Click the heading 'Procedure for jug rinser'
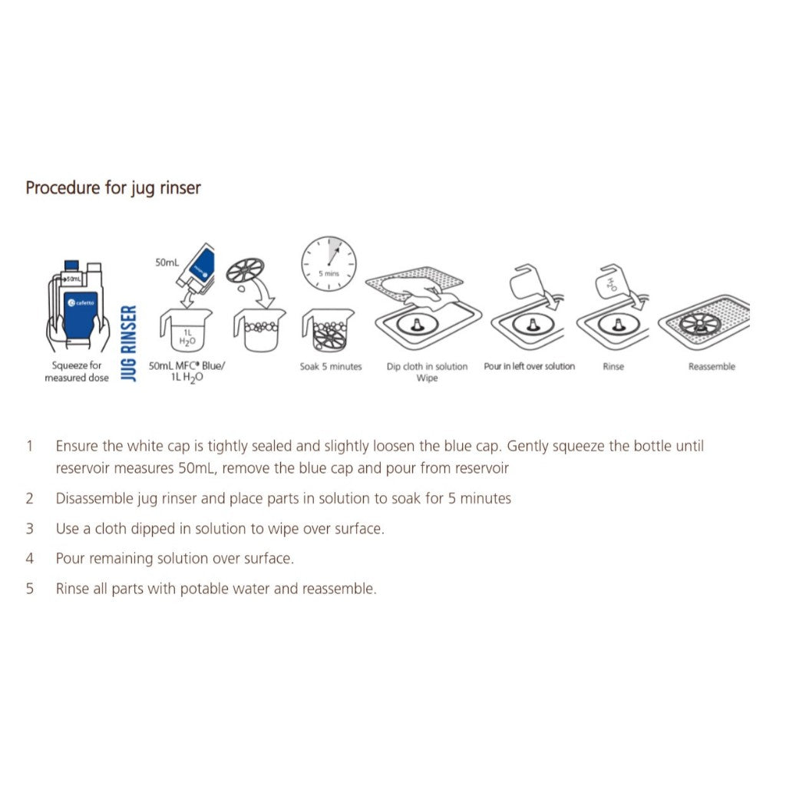pyautogui.click(x=113, y=188)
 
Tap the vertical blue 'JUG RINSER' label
pyautogui.click(x=129, y=343)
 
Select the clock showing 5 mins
pyautogui.click(x=329, y=263)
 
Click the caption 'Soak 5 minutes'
pyautogui.click(x=331, y=366)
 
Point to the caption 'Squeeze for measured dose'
pyautogui.click(x=77, y=372)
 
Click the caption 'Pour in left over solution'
pyautogui.click(x=530, y=366)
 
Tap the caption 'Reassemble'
pyautogui.click(x=712, y=366)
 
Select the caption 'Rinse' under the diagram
pyautogui.click(x=613, y=366)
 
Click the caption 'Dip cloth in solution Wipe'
pyautogui.click(x=427, y=372)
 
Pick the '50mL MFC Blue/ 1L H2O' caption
pyautogui.click(x=187, y=372)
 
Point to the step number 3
pyautogui.click(x=30, y=529)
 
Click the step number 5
pyautogui.click(x=30, y=589)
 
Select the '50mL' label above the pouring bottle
pyautogui.click(x=167, y=263)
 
